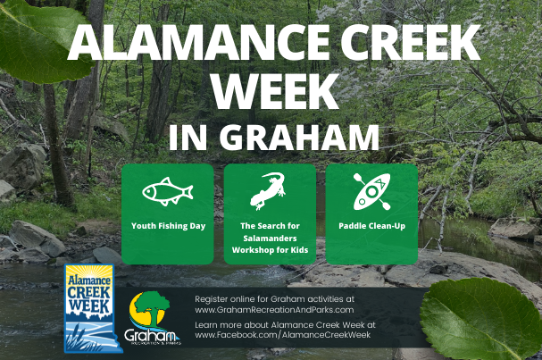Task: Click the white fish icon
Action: (x=168, y=191)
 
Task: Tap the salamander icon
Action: (x=268, y=191)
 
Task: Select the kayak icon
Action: (x=371, y=191)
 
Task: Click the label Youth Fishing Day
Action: (x=169, y=226)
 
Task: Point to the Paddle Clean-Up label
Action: (x=372, y=226)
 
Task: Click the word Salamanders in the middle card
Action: (x=270, y=238)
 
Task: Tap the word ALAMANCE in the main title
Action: (x=198, y=43)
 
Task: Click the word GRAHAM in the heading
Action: (x=299, y=138)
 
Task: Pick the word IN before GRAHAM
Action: (x=188, y=138)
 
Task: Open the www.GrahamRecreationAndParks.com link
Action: (x=274, y=309)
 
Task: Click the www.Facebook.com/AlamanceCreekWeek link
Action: (x=283, y=335)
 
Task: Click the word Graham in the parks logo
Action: (x=150, y=336)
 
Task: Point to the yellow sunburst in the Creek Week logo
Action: (x=89, y=272)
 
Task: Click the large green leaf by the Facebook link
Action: (x=480, y=319)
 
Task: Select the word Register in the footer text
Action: (x=211, y=299)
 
